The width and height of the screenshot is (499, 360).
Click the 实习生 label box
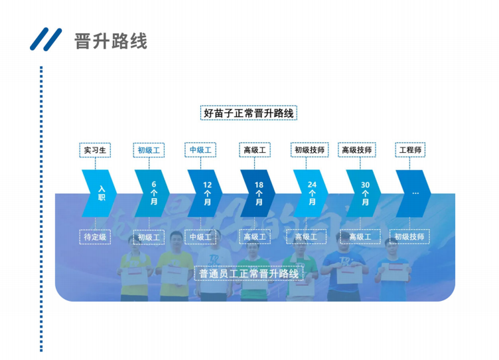95,150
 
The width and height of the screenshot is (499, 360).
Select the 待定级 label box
95,236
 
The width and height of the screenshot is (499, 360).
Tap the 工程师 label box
409,150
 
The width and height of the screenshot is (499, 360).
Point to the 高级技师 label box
357,150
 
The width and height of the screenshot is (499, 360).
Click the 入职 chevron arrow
99,193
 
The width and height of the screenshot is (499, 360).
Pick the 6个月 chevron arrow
152,193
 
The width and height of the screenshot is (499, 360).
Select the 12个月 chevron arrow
205,193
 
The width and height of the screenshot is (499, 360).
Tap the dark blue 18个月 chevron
257,193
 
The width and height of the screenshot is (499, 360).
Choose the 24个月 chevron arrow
311,193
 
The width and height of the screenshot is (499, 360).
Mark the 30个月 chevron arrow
364,193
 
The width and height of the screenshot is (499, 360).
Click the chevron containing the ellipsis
413,193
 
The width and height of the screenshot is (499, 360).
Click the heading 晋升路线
111,41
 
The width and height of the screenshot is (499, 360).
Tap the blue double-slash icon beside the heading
46,40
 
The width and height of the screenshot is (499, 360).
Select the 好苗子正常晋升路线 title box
249,113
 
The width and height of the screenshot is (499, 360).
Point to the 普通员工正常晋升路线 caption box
249,273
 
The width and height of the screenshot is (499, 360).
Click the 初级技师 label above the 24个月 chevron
309,150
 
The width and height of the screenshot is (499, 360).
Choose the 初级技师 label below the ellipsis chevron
409,236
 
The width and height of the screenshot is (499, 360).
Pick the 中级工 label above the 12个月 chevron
200,150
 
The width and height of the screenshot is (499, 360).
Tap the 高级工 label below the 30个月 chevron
360,236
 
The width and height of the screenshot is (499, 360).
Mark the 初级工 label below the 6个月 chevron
149,237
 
